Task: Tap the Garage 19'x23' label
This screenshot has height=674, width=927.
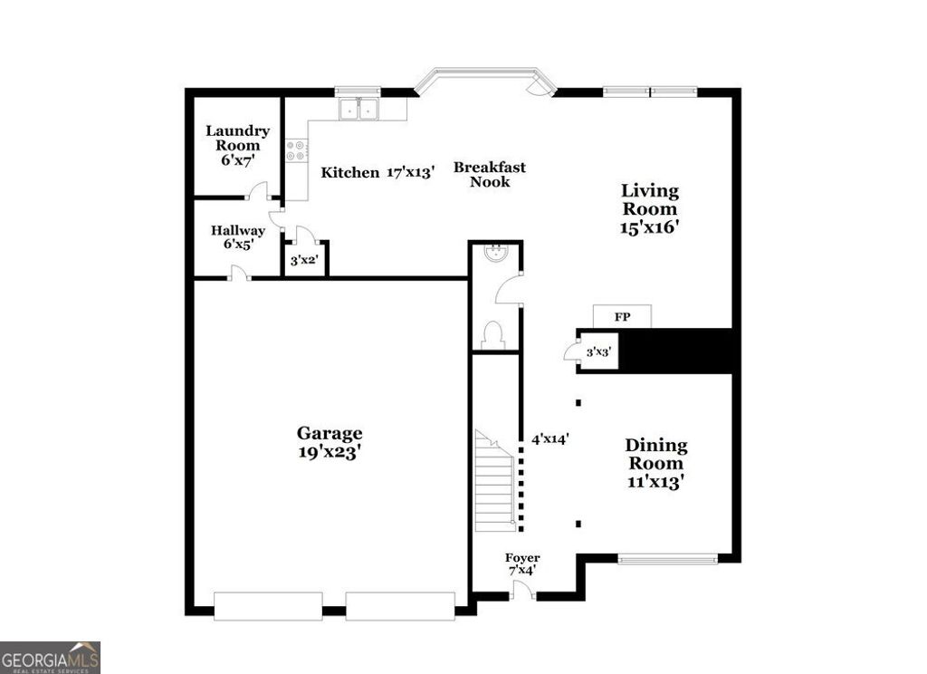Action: pos(330,442)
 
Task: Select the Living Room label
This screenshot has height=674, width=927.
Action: pos(649,209)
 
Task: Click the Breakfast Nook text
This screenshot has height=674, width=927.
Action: pos(489,174)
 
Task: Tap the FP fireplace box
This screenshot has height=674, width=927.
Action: pos(622,317)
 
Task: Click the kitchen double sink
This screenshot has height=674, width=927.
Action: pos(359,110)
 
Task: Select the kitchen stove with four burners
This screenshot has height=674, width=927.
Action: pos(296,150)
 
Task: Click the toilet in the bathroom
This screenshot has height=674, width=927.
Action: pos(494,335)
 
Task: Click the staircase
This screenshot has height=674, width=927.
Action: pos(495,482)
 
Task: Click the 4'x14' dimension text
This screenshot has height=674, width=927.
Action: pos(550,438)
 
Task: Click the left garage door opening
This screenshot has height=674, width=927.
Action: pos(268,606)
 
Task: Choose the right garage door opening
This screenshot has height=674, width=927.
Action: pos(399,606)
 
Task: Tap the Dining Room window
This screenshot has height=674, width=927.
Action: pos(667,559)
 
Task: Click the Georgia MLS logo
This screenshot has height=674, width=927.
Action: pos(50,657)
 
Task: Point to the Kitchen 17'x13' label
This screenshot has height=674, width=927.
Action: pos(378,172)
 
